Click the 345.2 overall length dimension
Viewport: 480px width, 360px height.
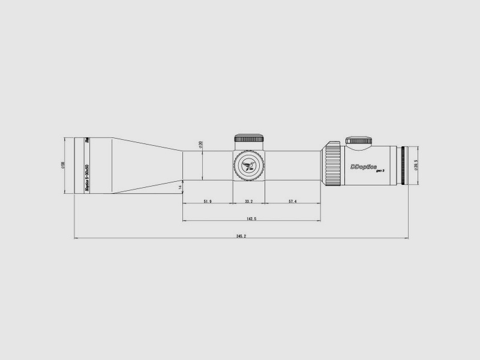[x=241, y=236]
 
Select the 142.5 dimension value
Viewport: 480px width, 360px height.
[x=251, y=219]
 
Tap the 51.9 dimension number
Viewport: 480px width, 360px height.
[x=208, y=202]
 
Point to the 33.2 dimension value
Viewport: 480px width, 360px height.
[x=248, y=202]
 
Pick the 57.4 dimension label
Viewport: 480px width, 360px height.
[x=292, y=202]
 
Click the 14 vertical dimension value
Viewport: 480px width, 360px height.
[x=180, y=188]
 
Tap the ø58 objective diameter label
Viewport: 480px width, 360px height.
[x=63, y=165]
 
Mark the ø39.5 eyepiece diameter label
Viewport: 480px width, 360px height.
[x=416, y=165]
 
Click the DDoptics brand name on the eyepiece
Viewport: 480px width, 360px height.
[x=363, y=166]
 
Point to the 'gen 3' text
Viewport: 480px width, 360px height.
[x=379, y=172]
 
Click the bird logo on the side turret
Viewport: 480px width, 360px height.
[x=248, y=164]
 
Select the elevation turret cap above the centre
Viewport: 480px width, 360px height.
[x=248, y=139]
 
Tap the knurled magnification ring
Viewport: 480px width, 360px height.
[x=332, y=163]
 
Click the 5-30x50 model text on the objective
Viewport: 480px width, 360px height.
[x=87, y=174]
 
